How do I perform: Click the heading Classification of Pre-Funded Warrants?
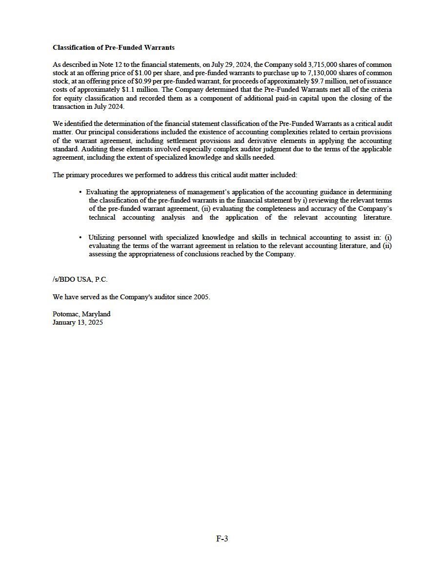(x=113, y=47)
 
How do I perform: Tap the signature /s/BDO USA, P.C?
(x=80, y=279)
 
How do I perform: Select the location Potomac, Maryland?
(x=81, y=314)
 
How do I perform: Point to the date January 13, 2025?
(x=78, y=322)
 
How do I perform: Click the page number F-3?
(x=223, y=539)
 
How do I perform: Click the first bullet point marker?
(x=80, y=192)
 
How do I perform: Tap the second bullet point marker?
(x=80, y=237)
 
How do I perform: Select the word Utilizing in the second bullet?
(x=102, y=237)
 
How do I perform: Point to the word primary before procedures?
(x=78, y=175)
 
